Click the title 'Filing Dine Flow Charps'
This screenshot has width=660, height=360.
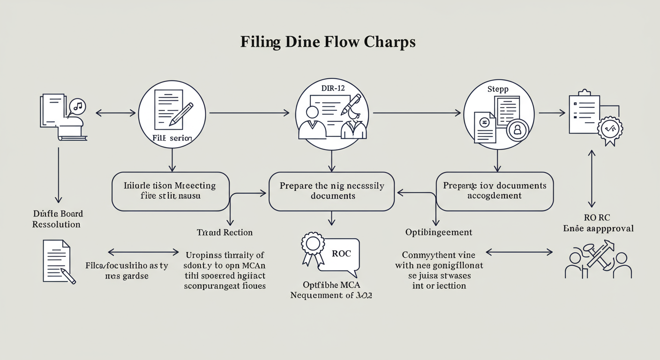coord(328,42)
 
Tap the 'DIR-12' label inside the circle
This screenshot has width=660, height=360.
coord(332,89)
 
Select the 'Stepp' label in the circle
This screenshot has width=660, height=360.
coord(498,89)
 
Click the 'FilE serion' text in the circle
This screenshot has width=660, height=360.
coord(172,138)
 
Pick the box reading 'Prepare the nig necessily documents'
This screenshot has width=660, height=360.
coord(331,191)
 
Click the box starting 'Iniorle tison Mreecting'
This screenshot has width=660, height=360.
coord(171,191)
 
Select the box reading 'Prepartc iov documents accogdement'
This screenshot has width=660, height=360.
coord(495,191)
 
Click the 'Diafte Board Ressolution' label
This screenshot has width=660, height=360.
coord(57,219)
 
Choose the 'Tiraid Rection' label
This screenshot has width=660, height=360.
coord(225,232)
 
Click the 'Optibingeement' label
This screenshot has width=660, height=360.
coord(439,232)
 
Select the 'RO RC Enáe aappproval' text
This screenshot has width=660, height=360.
coord(598,223)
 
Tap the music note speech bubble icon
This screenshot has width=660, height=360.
coord(77,106)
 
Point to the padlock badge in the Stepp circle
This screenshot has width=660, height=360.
coord(517,130)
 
